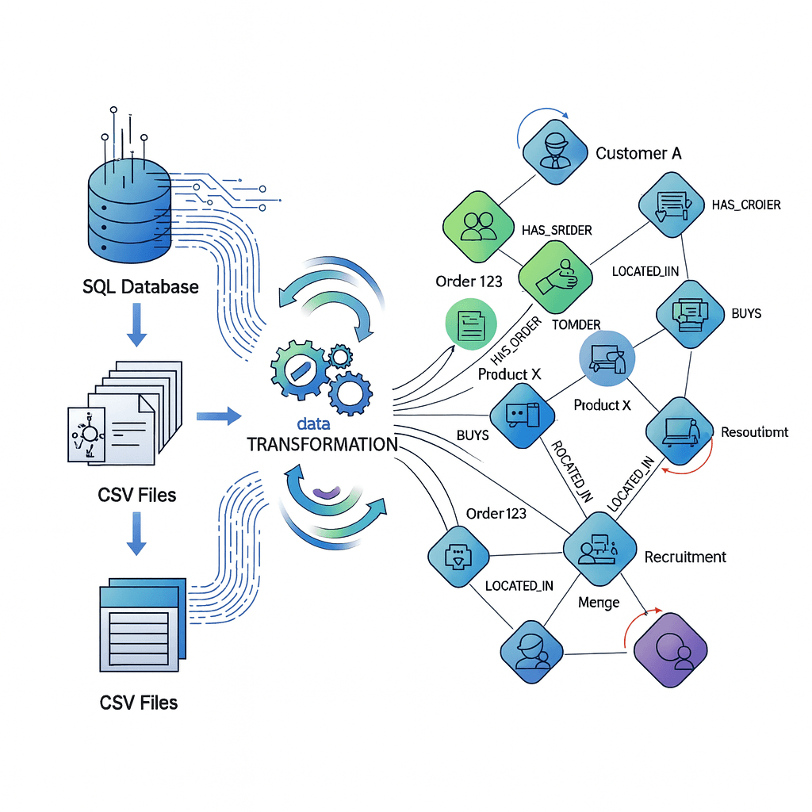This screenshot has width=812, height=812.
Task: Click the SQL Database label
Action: tap(140, 286)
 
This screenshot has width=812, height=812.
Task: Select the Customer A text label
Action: tap(638, 153)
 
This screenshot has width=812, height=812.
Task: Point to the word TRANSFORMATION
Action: tap(322, 444)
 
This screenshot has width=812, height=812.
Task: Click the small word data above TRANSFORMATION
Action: tap(313, 424)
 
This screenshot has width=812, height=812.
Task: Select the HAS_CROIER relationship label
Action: tap(745, 205)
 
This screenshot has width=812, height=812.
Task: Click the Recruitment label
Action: tap(685, 557)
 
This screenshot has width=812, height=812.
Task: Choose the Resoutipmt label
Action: tap(754, 432)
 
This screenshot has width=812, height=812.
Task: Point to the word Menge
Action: tap(599, 603)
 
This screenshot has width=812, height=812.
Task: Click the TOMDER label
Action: tap(575, 324)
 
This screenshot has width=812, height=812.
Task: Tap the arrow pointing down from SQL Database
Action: tap(136, 327)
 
